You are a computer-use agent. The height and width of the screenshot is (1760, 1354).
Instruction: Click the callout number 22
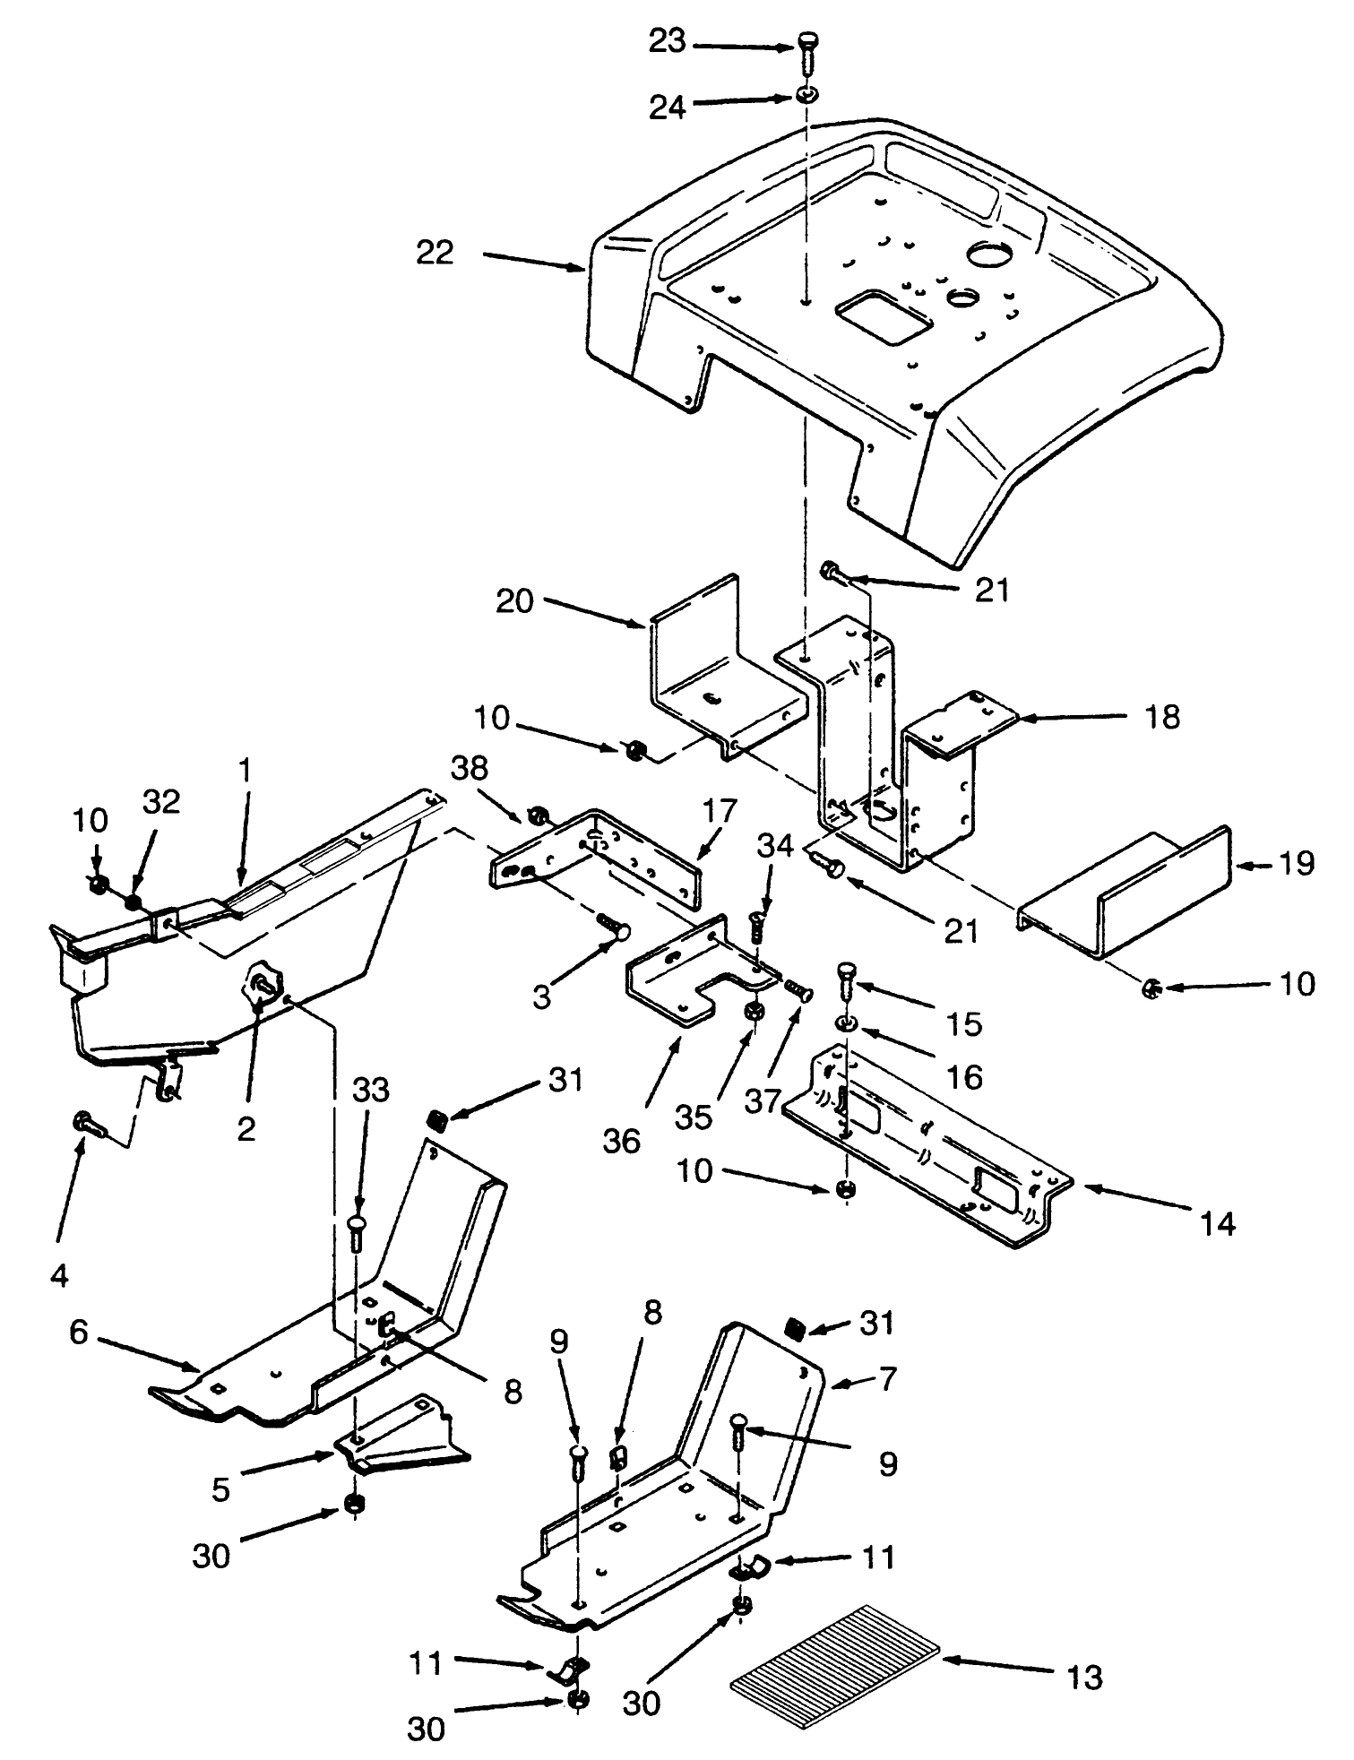[x=435, y=254]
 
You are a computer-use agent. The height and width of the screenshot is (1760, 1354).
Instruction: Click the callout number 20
[x=515, y=601]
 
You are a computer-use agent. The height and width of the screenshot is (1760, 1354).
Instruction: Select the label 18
[x=1162, y=717]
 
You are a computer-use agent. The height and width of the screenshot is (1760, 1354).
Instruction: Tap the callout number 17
[x=720, y=811]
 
